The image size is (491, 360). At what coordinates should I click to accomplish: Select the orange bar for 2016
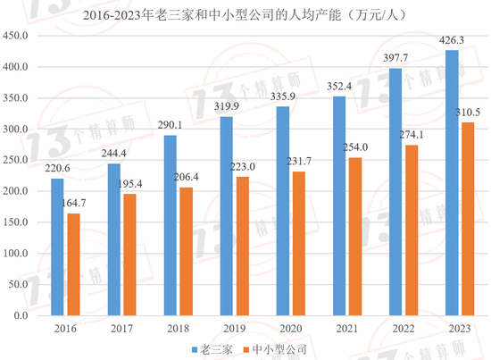click(x=73, y=264)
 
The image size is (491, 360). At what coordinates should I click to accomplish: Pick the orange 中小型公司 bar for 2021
click(x=354, y=237)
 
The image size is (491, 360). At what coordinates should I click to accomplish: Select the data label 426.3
click(x=450, y=40)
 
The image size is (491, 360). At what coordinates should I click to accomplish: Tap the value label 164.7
click(x=74, y=204)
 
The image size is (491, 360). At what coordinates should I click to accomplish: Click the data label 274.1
click(x=411, y=135)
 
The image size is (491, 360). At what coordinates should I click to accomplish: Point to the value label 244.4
click(x=113, y=153)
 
